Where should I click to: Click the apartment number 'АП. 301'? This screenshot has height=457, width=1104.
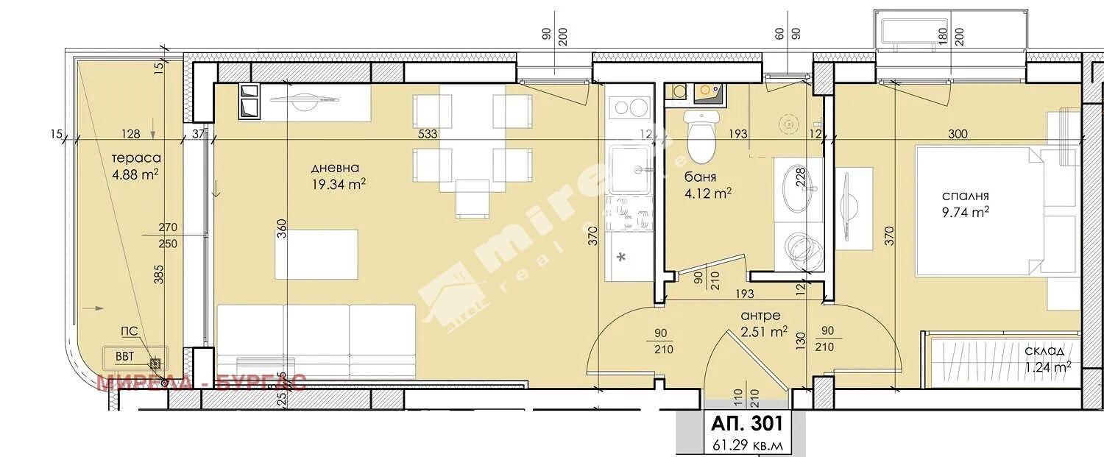coord(741,424)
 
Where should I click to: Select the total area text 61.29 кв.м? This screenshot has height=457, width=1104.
coord(741,444)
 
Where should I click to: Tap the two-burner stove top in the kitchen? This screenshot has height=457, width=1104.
coord(629,107)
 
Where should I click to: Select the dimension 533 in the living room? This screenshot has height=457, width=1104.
coord(427,134)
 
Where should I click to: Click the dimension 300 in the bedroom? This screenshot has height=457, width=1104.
coord(958,134)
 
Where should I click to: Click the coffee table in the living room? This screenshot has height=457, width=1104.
coord(316,254)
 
